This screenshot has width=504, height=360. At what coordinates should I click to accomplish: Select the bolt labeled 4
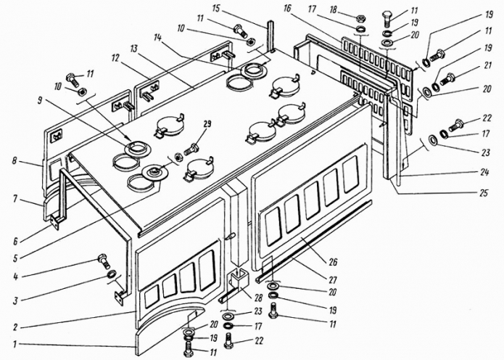pyautogui.click(x=104, y=261)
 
